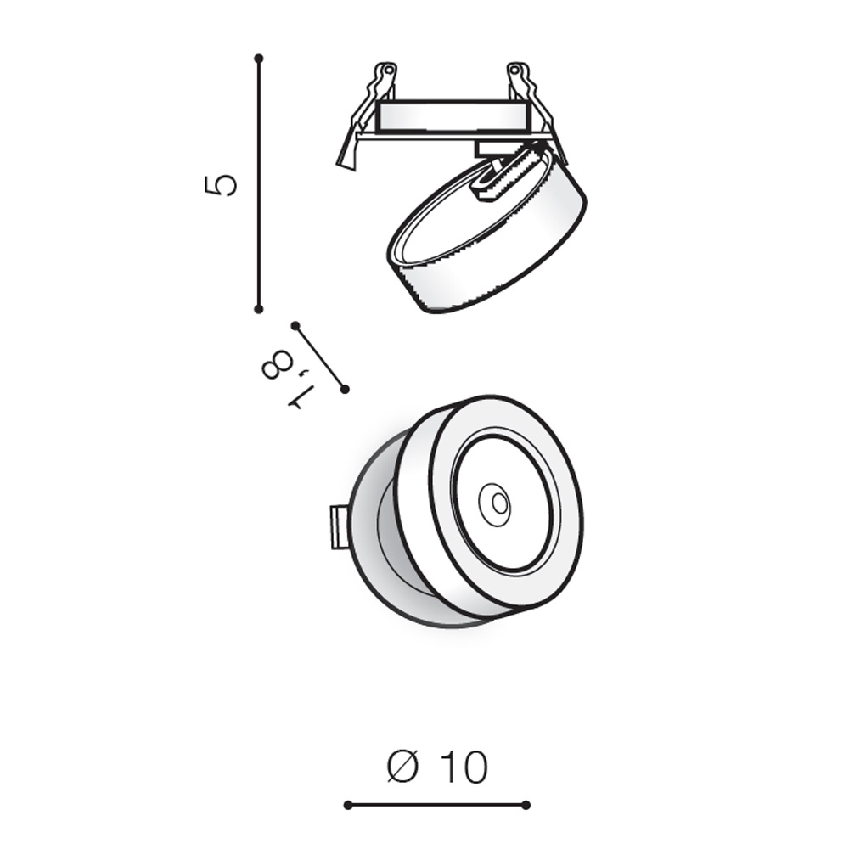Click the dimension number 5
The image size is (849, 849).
point(221,185)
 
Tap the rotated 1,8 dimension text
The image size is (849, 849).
point(286,379)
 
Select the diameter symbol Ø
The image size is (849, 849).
point(403,766)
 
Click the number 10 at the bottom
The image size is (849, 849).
point(464,767)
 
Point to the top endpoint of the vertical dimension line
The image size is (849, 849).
point(259,58)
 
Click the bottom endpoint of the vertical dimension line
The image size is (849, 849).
point(259,309)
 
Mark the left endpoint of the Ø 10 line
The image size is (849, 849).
point(348,805)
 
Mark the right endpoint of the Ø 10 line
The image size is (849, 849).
point(526,805)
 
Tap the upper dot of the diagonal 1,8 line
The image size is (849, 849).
point(295,325)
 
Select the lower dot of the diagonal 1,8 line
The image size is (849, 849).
point(345,389)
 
